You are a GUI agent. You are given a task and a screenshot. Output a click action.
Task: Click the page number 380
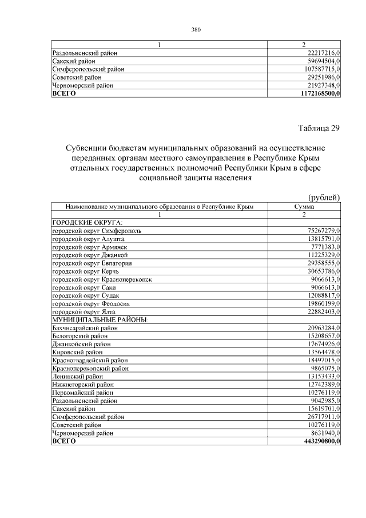click(x=196, y=29)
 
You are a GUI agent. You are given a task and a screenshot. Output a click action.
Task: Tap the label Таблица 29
click(x=319, y=128)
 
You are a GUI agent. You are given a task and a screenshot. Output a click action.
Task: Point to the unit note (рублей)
click(x=324, y=197)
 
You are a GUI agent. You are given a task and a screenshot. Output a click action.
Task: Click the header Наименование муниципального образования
click(x=160, y=206)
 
